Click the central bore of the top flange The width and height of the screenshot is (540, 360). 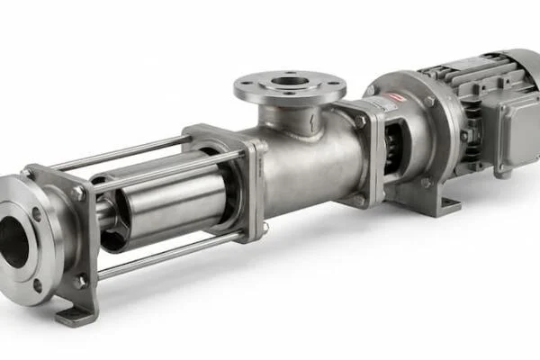coord(290,83)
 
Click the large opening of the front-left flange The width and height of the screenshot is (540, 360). coord(13,242)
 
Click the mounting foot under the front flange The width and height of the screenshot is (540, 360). coord(76,315)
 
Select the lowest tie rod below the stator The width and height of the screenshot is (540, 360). coord(171,252)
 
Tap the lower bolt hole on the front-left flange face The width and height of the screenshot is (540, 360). coord(37,285)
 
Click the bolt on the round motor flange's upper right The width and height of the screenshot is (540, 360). coord(430,102)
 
